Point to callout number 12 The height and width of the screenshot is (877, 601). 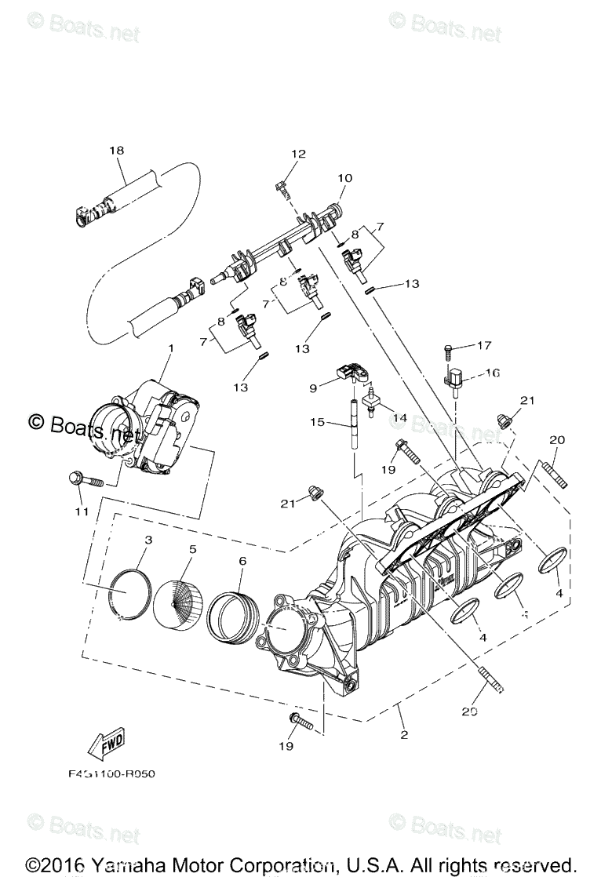click(x=299, y=154)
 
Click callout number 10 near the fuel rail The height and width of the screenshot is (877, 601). click(x=345, y=178)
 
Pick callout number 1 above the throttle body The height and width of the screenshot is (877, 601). click(x=171, y=347)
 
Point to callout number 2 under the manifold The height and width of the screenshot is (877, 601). click(x=404, y=735)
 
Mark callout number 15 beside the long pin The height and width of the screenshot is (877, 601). click(x=317, y=423)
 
